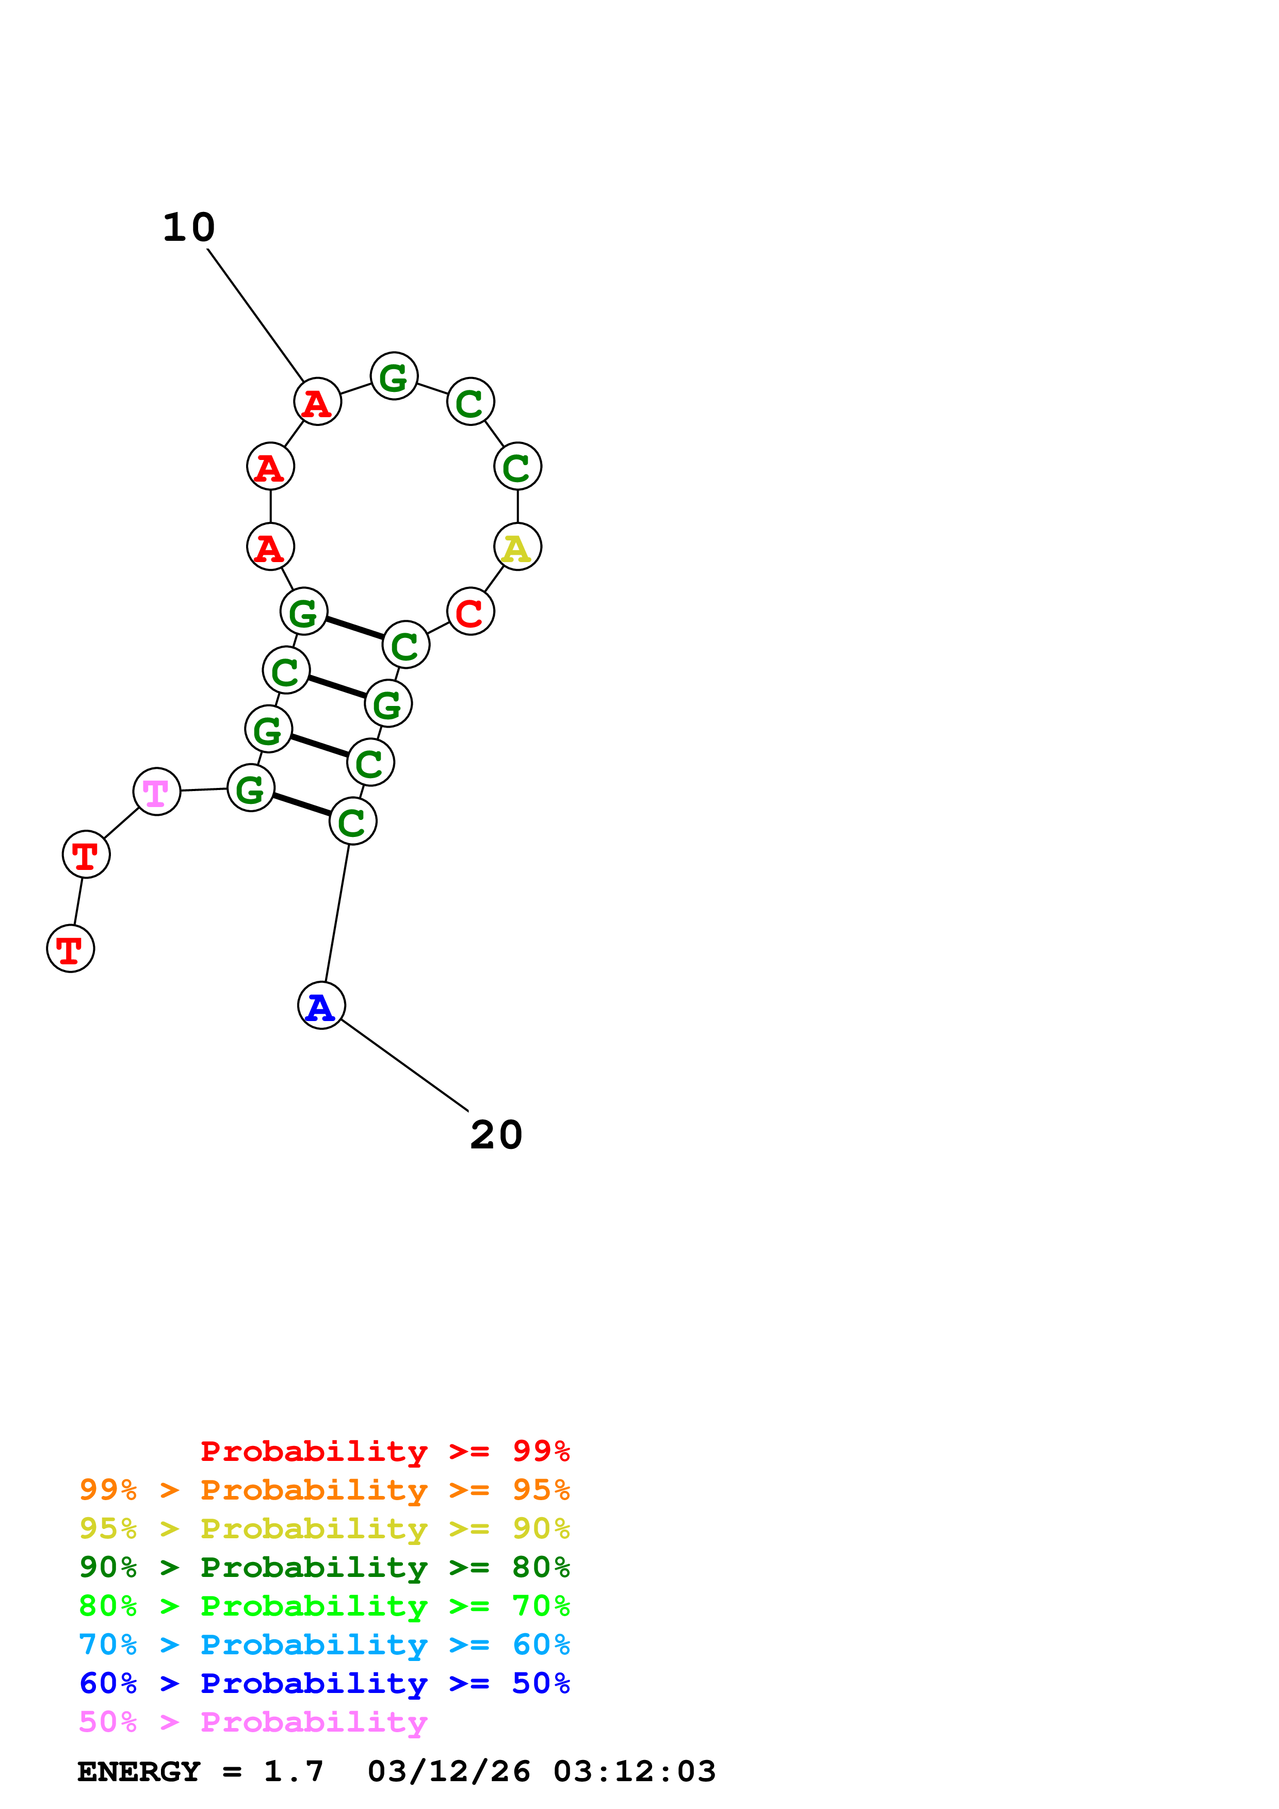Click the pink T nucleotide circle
click(157, 792)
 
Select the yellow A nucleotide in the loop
click(518, 548)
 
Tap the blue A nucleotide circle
click(321, 1006)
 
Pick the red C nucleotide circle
click(471, 612)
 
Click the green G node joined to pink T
click(251, 788)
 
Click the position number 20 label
click(496, 1136)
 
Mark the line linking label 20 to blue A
click(404, 1066)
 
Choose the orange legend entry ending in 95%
click(324, 1490)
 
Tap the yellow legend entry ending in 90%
click(324, 1528)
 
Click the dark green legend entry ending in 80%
click(324, 1567)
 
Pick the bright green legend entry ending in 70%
click(324, 1606)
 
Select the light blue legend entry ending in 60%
click(324, 1644)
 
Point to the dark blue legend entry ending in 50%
click(324, 1683)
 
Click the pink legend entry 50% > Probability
click(253, 1721)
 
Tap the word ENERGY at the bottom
click(139, 1772)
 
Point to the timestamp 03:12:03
click(635, 1772)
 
